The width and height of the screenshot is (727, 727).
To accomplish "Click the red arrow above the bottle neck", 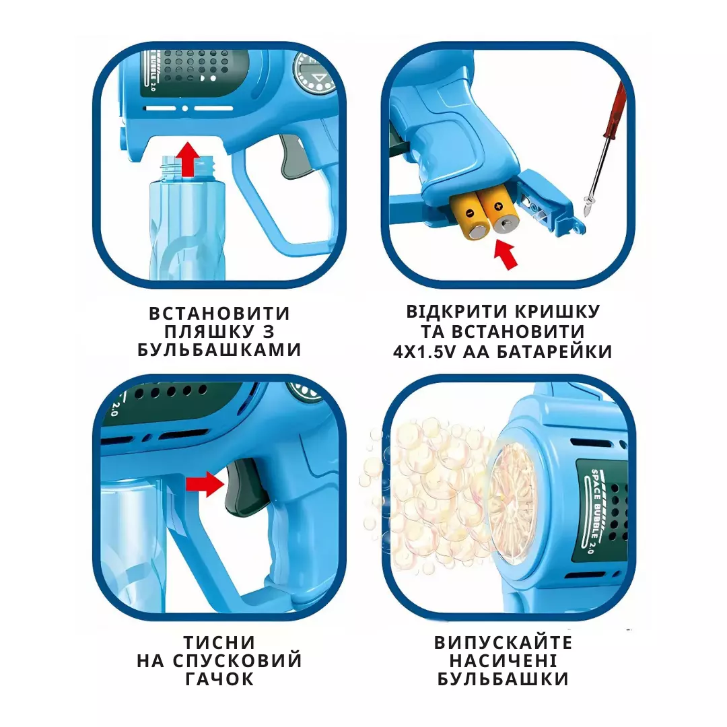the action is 188,159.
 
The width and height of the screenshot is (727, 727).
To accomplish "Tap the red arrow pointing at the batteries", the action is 506,253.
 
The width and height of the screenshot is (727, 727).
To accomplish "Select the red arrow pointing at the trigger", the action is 205,484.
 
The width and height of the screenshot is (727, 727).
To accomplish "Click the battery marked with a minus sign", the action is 470,217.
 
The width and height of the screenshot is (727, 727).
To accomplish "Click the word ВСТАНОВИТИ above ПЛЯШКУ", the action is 219,313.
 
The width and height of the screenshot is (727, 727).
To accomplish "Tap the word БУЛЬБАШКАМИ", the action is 219,349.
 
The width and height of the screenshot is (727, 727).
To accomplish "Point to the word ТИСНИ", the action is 219,643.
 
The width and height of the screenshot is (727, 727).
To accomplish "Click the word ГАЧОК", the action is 219,679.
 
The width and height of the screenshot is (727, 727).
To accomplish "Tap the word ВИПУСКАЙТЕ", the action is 503,643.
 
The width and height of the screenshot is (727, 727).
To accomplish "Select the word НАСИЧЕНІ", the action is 503,661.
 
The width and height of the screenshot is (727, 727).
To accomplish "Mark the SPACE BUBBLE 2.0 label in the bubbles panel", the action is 592,510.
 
